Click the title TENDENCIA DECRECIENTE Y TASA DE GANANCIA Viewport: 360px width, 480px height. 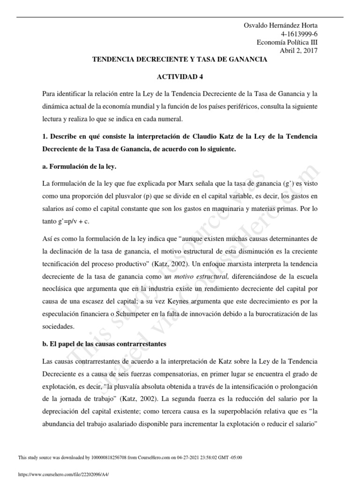click(x=179, y=60)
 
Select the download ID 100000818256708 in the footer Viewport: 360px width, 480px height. click(x=109, y=457)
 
